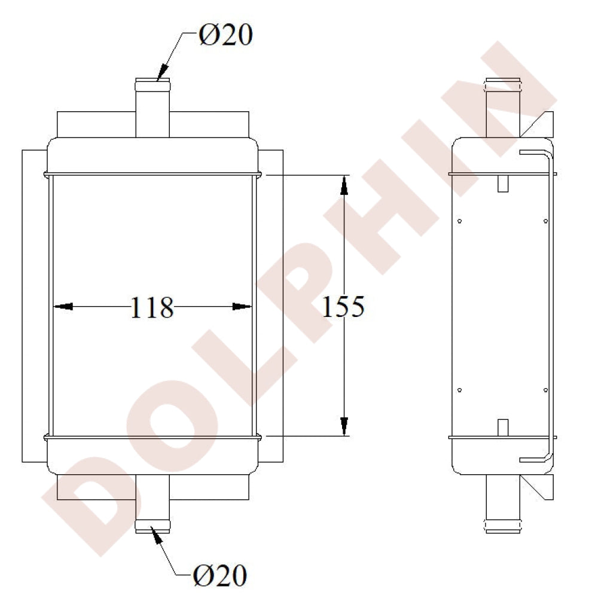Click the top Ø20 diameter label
225,36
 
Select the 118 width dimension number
152,307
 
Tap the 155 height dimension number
343,307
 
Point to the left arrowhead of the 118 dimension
63,307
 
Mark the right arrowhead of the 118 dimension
242,307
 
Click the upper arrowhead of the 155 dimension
344,185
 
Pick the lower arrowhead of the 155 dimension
344,426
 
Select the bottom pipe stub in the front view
152,502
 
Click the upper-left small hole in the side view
459,221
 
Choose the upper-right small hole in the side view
545,221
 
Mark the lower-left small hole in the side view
459,390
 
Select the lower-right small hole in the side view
545,390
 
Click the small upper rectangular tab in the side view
503,183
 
